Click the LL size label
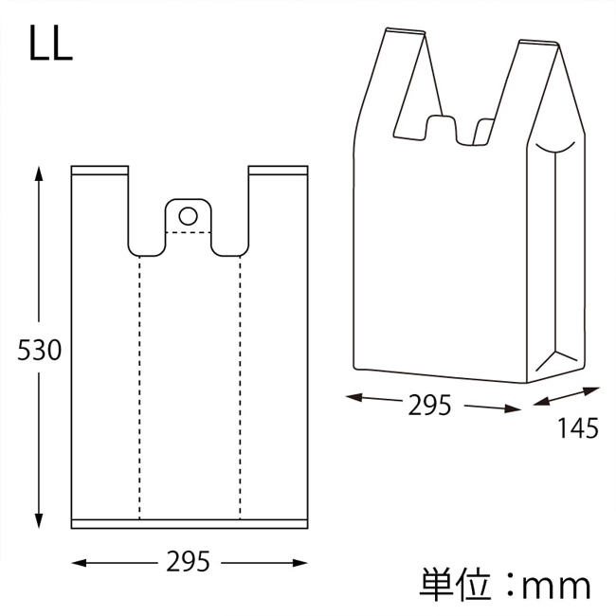(50, 44)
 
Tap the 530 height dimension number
(39, 350)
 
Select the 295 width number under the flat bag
(189, 562)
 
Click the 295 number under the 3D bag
(430, 406)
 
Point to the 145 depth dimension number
(578, 428)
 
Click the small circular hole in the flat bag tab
(189, 216)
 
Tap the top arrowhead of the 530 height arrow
(39, 173)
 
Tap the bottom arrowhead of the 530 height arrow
(39, 521)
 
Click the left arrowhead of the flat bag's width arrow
(79, 563)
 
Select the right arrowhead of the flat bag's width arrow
(299, 563)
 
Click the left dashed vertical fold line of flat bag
(139, 388)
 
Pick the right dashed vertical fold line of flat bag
(240, 388)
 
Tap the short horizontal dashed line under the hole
(189, 232)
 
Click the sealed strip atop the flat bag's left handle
(100, 171)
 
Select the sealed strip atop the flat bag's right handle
(278, 171)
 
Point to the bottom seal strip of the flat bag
(190, 524)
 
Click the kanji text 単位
(455, 585)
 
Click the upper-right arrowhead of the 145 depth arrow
(591, 390)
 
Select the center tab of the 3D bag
(442, 127)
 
